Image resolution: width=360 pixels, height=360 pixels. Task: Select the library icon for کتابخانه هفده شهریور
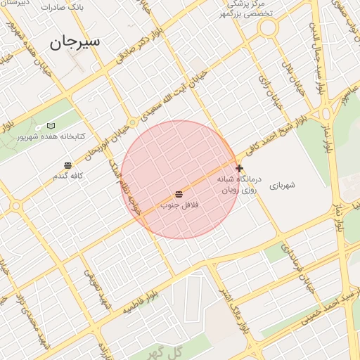51,125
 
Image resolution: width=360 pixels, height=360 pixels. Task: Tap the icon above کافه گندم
67,165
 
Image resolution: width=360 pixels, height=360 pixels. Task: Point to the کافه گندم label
68,175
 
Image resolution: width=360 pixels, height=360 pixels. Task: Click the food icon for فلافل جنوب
179,193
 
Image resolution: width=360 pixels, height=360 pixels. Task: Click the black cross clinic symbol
240,169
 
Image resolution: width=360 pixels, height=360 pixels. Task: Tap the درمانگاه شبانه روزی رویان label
256,184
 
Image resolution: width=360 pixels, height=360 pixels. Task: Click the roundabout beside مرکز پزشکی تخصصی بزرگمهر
267,29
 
